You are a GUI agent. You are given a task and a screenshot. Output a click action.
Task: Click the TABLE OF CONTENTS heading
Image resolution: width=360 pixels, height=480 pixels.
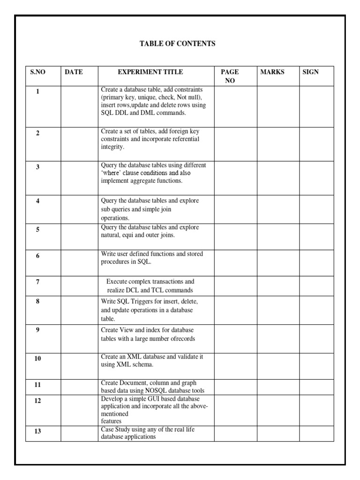[x=178, y=44]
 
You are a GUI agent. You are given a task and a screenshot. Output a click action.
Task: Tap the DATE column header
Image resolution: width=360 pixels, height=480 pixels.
[x=74, y=72]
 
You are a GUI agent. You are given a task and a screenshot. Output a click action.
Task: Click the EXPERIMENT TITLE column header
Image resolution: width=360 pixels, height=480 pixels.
[x=150, y=72]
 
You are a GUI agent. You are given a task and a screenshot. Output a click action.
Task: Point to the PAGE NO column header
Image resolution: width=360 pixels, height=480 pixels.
[x=230, y=76]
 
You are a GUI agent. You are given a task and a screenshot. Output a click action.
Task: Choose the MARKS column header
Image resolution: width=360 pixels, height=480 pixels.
[x=272, y=72]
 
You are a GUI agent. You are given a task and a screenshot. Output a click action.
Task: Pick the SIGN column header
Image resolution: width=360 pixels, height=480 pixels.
[x=311, y=72]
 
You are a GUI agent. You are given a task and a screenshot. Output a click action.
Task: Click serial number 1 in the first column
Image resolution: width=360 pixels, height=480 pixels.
[x=37, y=91]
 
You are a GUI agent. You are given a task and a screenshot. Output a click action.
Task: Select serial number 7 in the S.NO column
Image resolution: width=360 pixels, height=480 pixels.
[x=37, y=282]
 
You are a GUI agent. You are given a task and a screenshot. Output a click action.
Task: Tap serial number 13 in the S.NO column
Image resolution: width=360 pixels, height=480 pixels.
[x=37, y=431]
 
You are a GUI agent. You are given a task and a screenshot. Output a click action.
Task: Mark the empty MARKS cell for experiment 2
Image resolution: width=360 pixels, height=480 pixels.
[x=278, y=144]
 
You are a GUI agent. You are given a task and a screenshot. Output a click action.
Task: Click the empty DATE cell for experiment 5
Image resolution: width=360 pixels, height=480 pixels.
[x=79, y=237]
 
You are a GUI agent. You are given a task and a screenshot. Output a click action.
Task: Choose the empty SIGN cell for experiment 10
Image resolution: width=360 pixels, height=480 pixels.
[x=316, y=365]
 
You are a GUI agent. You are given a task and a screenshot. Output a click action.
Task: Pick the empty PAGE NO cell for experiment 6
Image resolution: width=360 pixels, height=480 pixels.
[x=235, y=262]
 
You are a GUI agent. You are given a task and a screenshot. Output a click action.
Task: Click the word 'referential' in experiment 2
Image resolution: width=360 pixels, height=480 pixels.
[x=184, y=139]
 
